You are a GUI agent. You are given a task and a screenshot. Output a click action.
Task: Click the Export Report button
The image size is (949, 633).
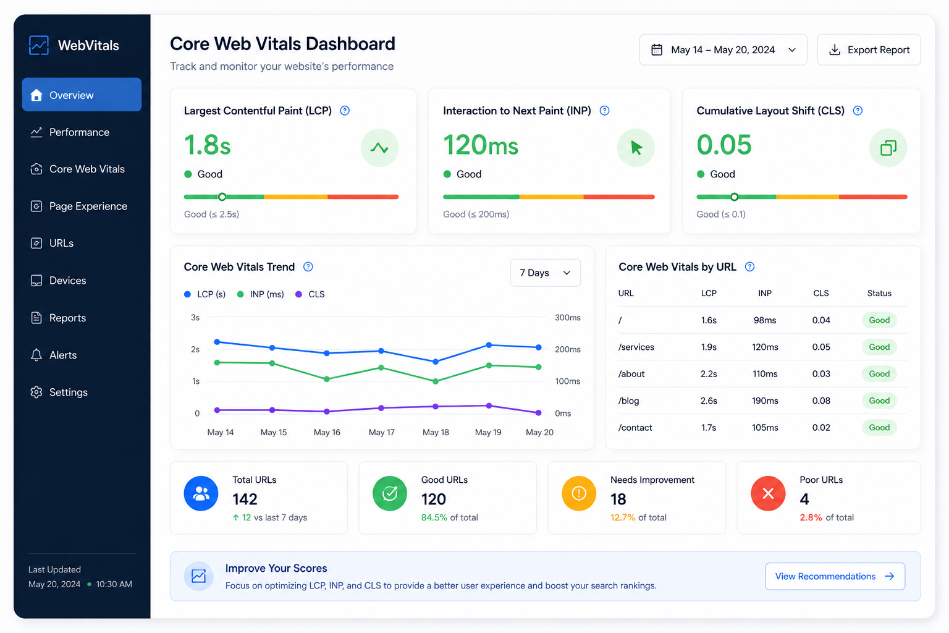click(x=869, y=49)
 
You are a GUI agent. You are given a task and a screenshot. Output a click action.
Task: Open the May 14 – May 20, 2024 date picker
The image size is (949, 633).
click(x=723, y=49)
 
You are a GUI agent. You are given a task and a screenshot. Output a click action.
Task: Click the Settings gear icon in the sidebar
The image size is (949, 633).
click(x=36, y=392)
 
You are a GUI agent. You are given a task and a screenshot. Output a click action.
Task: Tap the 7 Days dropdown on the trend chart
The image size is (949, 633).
click(x=546, y=273)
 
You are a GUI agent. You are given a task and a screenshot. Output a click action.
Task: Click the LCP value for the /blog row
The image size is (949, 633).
click(x=709, y=401)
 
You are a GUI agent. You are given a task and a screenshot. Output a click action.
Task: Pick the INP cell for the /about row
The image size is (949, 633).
click(x=765, y=374)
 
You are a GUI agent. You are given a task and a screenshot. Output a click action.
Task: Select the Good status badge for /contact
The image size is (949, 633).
click(x=879, y=427)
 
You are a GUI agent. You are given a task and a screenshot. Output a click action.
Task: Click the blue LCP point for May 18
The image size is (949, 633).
click(x=436, y=362)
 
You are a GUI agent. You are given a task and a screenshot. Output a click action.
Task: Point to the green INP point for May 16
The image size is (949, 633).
click(x=327, y=380)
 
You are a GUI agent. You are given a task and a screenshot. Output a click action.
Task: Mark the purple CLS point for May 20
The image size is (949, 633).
click(x=539, y=412)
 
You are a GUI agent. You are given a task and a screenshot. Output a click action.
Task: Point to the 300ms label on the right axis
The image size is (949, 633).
click(x=568, y=318)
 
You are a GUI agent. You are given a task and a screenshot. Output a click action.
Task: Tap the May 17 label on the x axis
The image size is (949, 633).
click(x=381, y=432)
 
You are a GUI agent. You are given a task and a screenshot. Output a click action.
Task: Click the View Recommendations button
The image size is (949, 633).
click(x=835, y=576)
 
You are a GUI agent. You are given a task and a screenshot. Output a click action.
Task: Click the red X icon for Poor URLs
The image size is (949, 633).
click(x=768, y=493)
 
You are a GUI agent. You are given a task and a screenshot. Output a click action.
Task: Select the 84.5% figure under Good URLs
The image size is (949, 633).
click(x=434, y=517)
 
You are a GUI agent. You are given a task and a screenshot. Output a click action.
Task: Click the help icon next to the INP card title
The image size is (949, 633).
click(x=605, y=111)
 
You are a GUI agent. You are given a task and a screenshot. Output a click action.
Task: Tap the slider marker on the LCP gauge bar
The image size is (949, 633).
click(x=222, y=197)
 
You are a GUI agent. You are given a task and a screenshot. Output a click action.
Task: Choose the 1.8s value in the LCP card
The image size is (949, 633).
click(x=207, y=145)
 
